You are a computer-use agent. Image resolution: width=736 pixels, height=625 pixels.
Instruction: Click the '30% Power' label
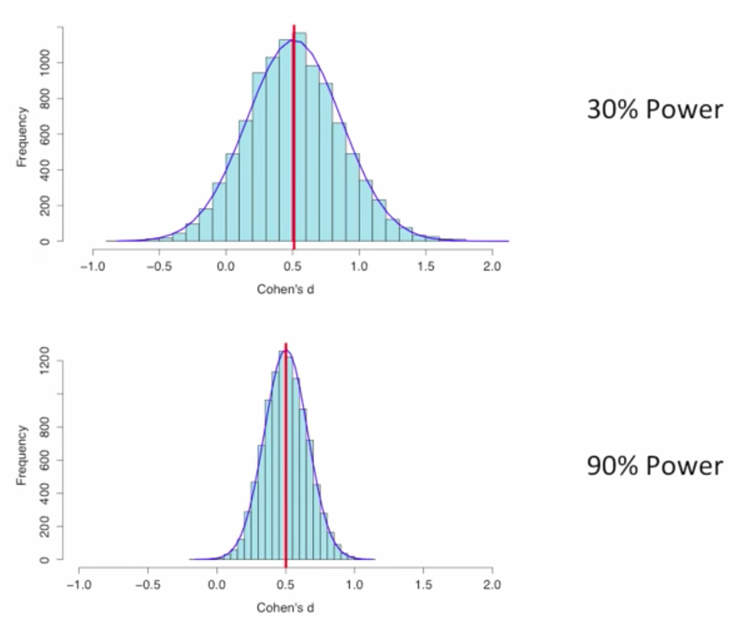pyautogui.click(x=654, y=109)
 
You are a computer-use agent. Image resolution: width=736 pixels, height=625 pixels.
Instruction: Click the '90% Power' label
pyautogui.click(x=654, y=466)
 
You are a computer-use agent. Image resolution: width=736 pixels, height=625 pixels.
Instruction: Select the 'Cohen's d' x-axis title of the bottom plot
pyautogui.click(x=285, y=608)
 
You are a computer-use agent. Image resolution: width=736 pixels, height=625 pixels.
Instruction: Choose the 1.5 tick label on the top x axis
pyautogui.click(x=426, y=268)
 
